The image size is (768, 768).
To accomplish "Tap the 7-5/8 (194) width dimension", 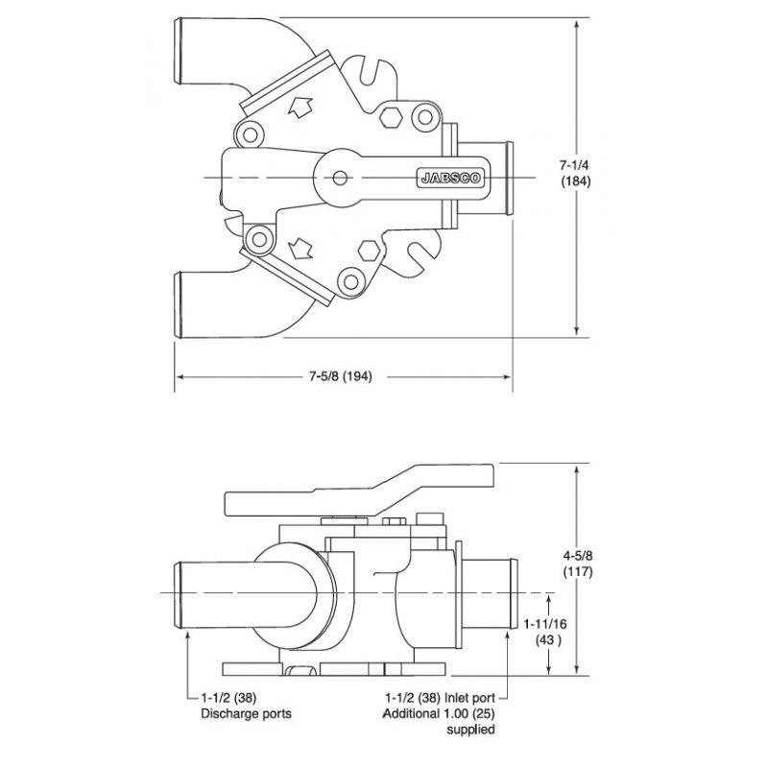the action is click(x=341, y=376).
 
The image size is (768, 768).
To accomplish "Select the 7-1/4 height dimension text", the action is click(x=575, y=165).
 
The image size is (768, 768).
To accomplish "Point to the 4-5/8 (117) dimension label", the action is click(x=578, y=564).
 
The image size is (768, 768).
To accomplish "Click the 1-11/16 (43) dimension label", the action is click(x=545, y=632).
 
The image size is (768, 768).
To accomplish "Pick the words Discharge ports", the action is click(x=246, y=713).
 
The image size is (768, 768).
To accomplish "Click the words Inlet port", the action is click(x=469, y=698).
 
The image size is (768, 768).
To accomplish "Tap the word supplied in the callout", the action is click(x=470, y=730).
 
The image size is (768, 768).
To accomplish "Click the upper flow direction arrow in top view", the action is click(x=300, y=108).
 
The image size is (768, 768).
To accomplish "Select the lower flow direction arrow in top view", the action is click(x=300, y=249).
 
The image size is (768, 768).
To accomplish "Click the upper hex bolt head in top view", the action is click(x=391, y=116).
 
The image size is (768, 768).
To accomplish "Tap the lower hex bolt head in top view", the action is click(x=369, y=251).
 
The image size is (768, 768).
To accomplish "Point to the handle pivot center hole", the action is click(x=340, y=178).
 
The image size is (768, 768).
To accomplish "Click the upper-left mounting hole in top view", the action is click(x=250, y=134).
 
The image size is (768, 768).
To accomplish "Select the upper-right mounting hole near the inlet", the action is click(x=424, y=117).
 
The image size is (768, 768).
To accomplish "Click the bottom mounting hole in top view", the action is click(x=350, y=281).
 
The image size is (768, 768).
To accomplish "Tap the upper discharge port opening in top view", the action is click(x=178, y=52).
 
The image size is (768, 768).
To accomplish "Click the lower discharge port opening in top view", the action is click(x=178, y=304).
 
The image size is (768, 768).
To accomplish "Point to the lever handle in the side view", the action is click(x=359, y=491).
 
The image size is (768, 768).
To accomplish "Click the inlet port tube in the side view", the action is click(x=489, y=593).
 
